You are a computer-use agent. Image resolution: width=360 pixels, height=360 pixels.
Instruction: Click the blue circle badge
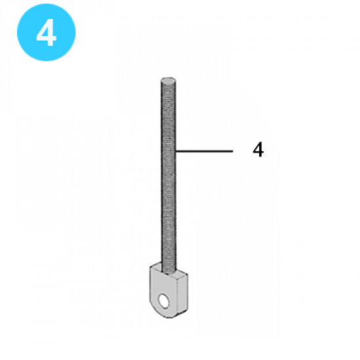coord(46,33)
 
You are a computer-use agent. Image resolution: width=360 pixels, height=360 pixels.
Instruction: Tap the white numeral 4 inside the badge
coord(46,34)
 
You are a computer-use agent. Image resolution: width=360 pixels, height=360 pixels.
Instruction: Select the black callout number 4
coord(258,151)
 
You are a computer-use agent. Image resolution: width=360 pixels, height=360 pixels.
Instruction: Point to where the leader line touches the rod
coord(177,151)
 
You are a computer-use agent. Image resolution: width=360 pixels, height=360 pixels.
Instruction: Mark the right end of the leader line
coord(232,151)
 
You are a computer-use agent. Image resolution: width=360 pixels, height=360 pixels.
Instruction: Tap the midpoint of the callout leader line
coord(204,151)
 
